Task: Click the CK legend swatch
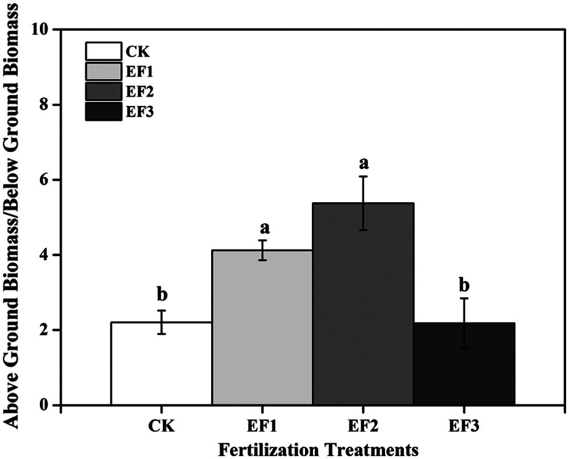[x=103, y=51]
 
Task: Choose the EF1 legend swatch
[x=103, y=72]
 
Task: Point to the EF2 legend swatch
[x=103, y=92]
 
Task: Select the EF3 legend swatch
[x=103, y=112]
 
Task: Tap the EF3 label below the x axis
[x=464, y=427]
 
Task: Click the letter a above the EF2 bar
[x=363, y=163]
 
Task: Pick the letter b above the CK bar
[x=162, y=295]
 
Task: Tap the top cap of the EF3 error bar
[x=464, y=298]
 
